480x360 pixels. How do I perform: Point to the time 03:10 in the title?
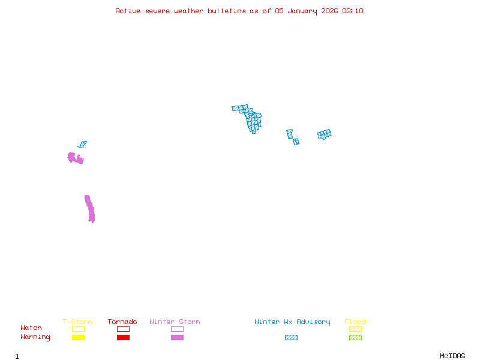tap(353, 11)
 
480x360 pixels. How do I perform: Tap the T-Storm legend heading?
tap(77, 322)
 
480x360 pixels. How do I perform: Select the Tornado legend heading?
tap(122, 322)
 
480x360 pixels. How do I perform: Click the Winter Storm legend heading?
tap(175, 322)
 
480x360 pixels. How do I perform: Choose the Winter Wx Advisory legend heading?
tap(292, 322)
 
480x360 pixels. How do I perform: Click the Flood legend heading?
tap(355, 322)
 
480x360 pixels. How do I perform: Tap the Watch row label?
tap(31, 328)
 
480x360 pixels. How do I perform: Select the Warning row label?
tap(35, 337)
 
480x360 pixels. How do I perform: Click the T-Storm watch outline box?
tap(78, 329)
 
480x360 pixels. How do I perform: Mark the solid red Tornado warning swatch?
tap(123, 337)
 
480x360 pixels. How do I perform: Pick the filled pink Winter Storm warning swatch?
tap(177, 337)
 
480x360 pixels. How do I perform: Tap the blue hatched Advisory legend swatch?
tap(291, 337)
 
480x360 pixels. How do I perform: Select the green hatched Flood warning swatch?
tap(355, 337)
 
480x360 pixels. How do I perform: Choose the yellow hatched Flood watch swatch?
tap(355, 329)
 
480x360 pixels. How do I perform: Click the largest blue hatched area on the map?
tap(252, 119)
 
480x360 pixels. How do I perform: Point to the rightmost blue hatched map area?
tap(325, 134)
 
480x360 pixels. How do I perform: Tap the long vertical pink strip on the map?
tap(90, 209)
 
